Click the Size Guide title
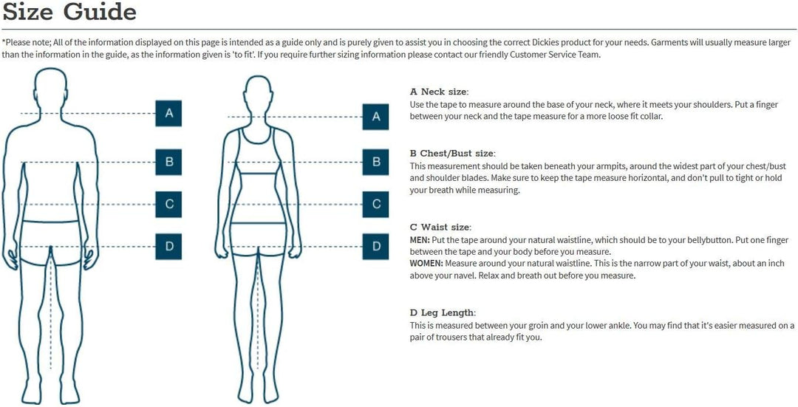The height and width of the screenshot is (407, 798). [69, 13]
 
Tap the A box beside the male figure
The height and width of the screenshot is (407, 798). [168, 113]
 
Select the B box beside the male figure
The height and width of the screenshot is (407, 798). [168, 163]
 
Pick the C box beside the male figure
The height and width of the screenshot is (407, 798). [168, 205]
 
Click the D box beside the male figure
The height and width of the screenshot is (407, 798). [168, 246]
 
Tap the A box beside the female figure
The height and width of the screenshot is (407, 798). [375, 117]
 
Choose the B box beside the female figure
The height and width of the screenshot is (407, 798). [375, 163]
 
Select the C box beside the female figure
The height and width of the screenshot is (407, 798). [375, 205]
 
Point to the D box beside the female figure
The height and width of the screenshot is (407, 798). [375, 246]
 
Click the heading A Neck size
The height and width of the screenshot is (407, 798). [439, 92]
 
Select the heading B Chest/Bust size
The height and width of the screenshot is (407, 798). [452, 154]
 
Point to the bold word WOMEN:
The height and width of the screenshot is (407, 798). [426, 264]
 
